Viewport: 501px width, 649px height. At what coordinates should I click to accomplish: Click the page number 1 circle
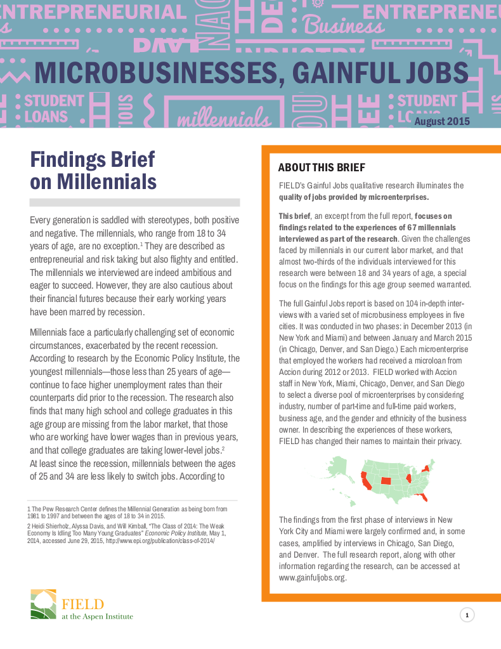tap(467, 615)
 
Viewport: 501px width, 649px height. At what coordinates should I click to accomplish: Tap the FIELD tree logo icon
tap(43, 603)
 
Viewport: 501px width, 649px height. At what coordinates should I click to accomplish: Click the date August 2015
tap(442, 121)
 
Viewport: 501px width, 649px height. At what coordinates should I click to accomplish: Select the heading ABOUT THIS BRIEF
tap(322, 167)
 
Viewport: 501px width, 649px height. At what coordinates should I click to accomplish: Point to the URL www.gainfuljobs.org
tap(312, 578)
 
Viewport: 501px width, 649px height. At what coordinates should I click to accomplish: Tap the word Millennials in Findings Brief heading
tap(107, 181)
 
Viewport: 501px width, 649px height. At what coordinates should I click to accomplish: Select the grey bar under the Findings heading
tap(134, 202)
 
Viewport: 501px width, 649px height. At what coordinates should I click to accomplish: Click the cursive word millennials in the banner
tap(221, 119)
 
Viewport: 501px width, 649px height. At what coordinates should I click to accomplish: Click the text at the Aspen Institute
tap(97, 616)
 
